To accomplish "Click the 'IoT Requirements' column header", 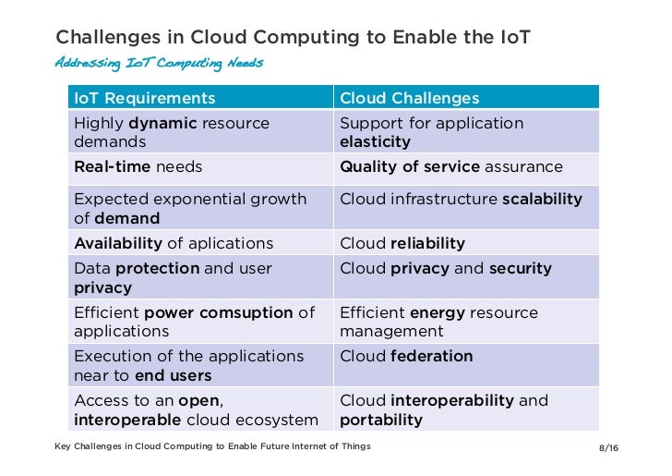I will coord(144,98).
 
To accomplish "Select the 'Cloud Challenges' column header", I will coord(410,98).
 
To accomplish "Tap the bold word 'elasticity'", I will coord(375,142).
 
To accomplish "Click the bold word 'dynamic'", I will coord(162,123).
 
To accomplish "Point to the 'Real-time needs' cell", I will coord(138,167).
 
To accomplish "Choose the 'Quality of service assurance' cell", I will coord(450,167).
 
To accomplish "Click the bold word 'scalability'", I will coord(542,199).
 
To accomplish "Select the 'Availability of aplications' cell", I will coord(174,243).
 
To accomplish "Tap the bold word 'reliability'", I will coord(427,243).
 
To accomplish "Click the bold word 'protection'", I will coord(157,268).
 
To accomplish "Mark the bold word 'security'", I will coord(520,268).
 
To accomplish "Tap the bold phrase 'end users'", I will coord(173,375).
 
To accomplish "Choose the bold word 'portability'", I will coord(381,420).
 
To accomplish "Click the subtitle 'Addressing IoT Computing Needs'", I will coord(159,63).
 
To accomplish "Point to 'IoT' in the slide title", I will coord(512,37).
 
